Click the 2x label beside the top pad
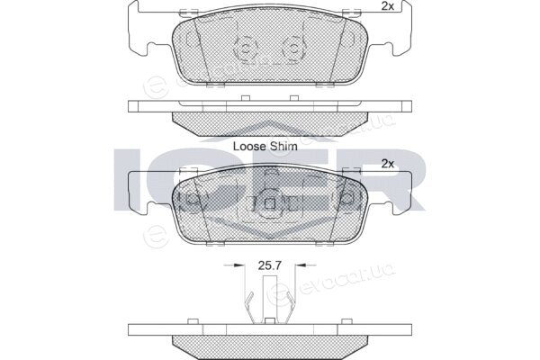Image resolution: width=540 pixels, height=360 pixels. pos(388,6)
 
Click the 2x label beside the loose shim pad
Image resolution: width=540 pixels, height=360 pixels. pos(388,164)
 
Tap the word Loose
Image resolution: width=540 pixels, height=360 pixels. pos(249,146)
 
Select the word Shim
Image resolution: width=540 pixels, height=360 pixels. pos(283,146)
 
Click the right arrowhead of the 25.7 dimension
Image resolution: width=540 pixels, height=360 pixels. pos(301,265)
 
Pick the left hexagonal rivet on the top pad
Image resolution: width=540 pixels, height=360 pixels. pos(245,49)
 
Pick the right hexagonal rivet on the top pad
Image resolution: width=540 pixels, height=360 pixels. pos(293,49)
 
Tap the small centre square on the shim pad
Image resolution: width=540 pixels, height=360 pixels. pos(270,204)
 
